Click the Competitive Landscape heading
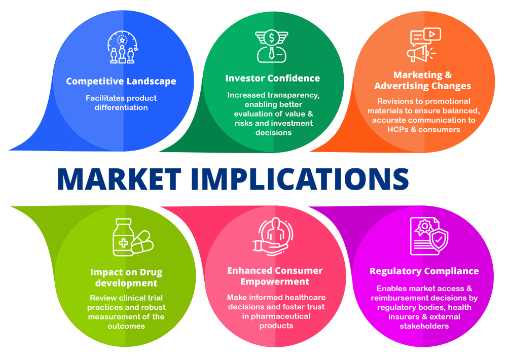tap(121, 81)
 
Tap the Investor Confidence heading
tap(272, 78)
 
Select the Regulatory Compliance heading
tap(424, 271)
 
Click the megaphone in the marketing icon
tap(418, 53)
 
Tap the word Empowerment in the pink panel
tap(275, 281)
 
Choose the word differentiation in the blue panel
tap(121, 107)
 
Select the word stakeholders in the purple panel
tap(424, 326)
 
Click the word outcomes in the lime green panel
tap(126, 326)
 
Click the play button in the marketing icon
tap(432, 34)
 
